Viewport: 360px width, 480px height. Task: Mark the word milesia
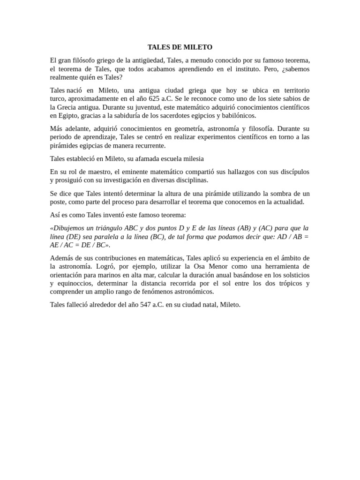193,158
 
